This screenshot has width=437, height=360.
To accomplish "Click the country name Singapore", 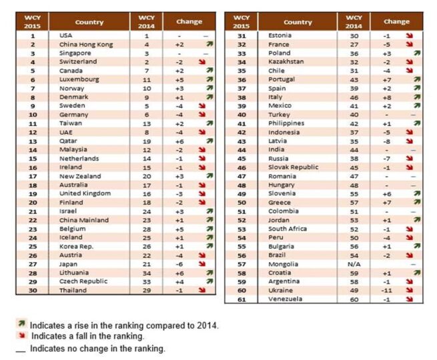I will (71, 52).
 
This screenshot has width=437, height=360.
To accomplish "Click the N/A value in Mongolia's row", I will (355, 264).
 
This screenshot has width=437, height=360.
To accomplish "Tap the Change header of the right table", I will (396, 21).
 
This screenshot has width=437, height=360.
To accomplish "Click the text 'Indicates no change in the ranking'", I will (97, 348).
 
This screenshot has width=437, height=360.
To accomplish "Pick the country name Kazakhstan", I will (286, 61).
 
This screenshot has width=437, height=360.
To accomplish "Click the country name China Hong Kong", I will (85, 43).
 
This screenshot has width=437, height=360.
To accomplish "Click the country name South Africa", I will (288, 229).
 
